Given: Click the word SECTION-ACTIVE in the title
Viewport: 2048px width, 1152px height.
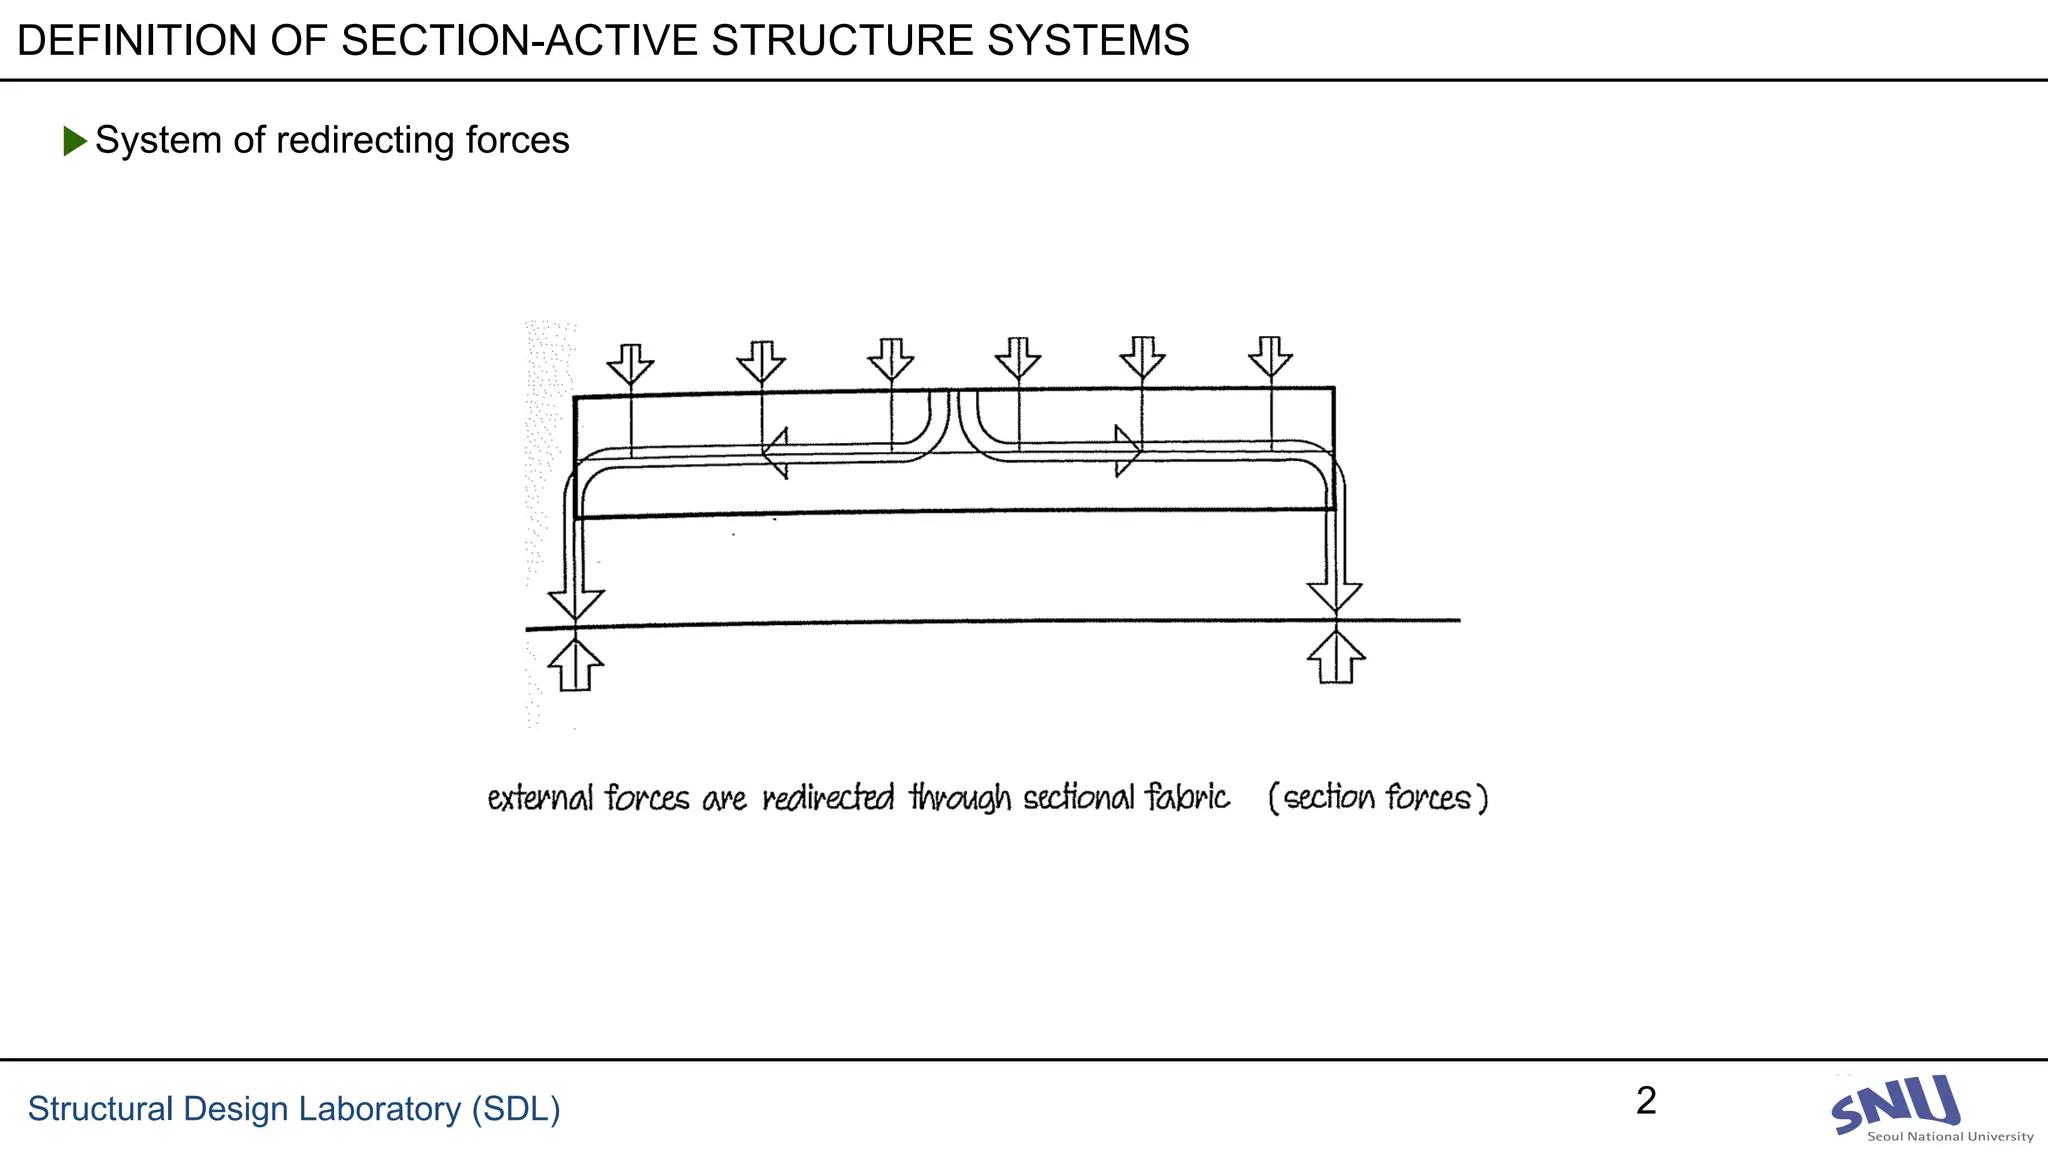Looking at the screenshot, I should point(520,41).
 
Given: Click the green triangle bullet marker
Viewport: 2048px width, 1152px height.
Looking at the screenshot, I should point(74,141).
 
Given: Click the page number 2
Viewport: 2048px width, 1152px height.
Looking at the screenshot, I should point(1646,1101).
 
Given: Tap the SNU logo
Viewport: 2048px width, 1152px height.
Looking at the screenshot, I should point(1895,1104).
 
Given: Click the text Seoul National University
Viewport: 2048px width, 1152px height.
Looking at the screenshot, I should point(1950,1136).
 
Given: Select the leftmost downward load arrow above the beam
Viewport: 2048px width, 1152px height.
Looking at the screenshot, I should point(630,365).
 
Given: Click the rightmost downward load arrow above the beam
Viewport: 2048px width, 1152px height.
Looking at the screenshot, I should point(1270,358).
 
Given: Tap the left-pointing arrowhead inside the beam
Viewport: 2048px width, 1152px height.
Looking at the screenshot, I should point(775,454).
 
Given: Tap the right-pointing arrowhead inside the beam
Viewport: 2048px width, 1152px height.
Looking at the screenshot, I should point(1128,451).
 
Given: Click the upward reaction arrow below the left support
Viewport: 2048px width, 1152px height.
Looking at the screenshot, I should point(575,665).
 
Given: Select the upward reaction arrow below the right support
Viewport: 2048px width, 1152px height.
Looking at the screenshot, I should point(1336,658).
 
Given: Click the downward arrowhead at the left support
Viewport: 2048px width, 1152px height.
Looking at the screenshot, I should point(575,603).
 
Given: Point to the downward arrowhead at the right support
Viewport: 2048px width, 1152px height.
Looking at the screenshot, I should point(1335,596).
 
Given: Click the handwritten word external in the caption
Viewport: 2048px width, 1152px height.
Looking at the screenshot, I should point(539,798).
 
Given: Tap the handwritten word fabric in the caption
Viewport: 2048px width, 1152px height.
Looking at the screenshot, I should point(1187,797).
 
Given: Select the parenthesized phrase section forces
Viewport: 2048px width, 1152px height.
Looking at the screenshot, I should point(1377,798).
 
